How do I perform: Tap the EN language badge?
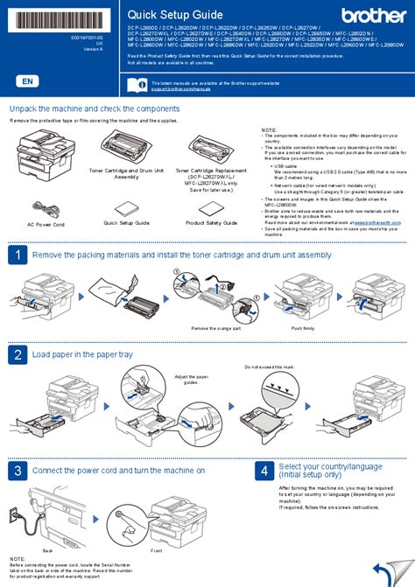click(x=28, y=80)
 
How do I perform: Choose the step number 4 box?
click(x=264, y=471)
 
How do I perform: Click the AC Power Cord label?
click(x=46, y=223)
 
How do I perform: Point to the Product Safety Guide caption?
click(x=211, y=223)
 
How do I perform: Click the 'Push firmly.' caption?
click(x=303, y=327)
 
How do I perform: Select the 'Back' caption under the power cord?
click(x=47, y=550)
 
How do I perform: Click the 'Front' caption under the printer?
click(x=156, y=550)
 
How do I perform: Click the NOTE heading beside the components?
click(x=270, y=129)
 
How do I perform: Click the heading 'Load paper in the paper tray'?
click(x=82, y=354)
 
